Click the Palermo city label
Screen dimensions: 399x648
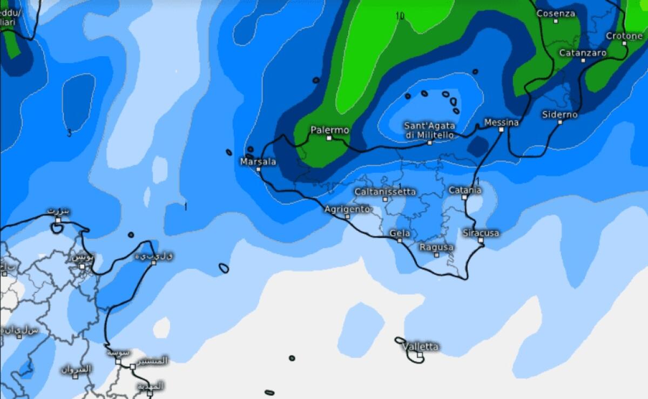(329, 130)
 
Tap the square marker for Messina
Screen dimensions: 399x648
(501, 130)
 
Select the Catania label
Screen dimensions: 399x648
(464, 190)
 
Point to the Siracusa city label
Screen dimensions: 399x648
(481, 233)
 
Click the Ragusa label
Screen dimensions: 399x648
(436, 247)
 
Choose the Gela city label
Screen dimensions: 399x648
(400, 234)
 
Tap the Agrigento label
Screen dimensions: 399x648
(347, 209)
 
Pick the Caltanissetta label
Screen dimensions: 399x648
(385, 192)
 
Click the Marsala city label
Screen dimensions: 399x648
(258, 161)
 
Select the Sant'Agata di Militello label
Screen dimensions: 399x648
(430, 130)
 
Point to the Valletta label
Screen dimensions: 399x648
(420, 347)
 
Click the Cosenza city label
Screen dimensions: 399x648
(556, 13)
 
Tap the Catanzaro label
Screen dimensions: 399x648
(583, 53)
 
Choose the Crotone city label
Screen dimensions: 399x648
(624, 36)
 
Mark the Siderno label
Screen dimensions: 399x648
(560, 114)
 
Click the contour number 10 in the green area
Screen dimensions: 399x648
(400, 16)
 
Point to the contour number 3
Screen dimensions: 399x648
(69, 133)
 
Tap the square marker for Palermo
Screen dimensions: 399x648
(329, 138)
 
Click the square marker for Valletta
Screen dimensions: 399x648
(419, 355)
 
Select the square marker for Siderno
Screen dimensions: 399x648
(560, 122)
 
